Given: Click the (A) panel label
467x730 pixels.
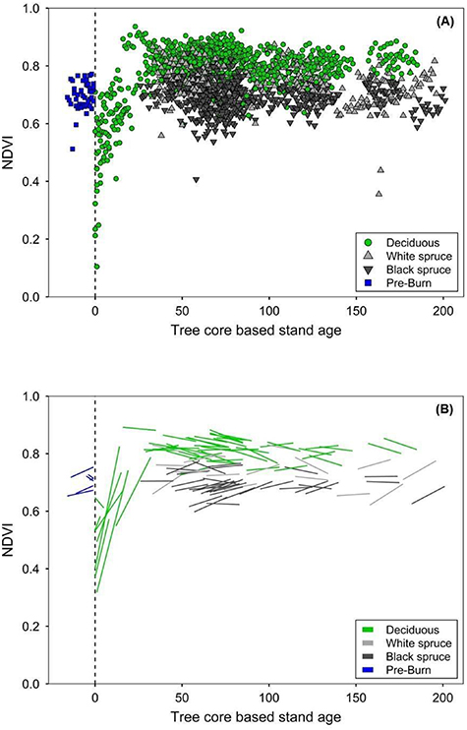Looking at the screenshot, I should coord(438,21).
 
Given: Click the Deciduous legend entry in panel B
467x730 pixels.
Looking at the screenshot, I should coord(405,628).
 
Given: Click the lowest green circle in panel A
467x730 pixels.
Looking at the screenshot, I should coord(96,267).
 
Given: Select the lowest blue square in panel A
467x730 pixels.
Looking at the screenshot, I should coord(73,149).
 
